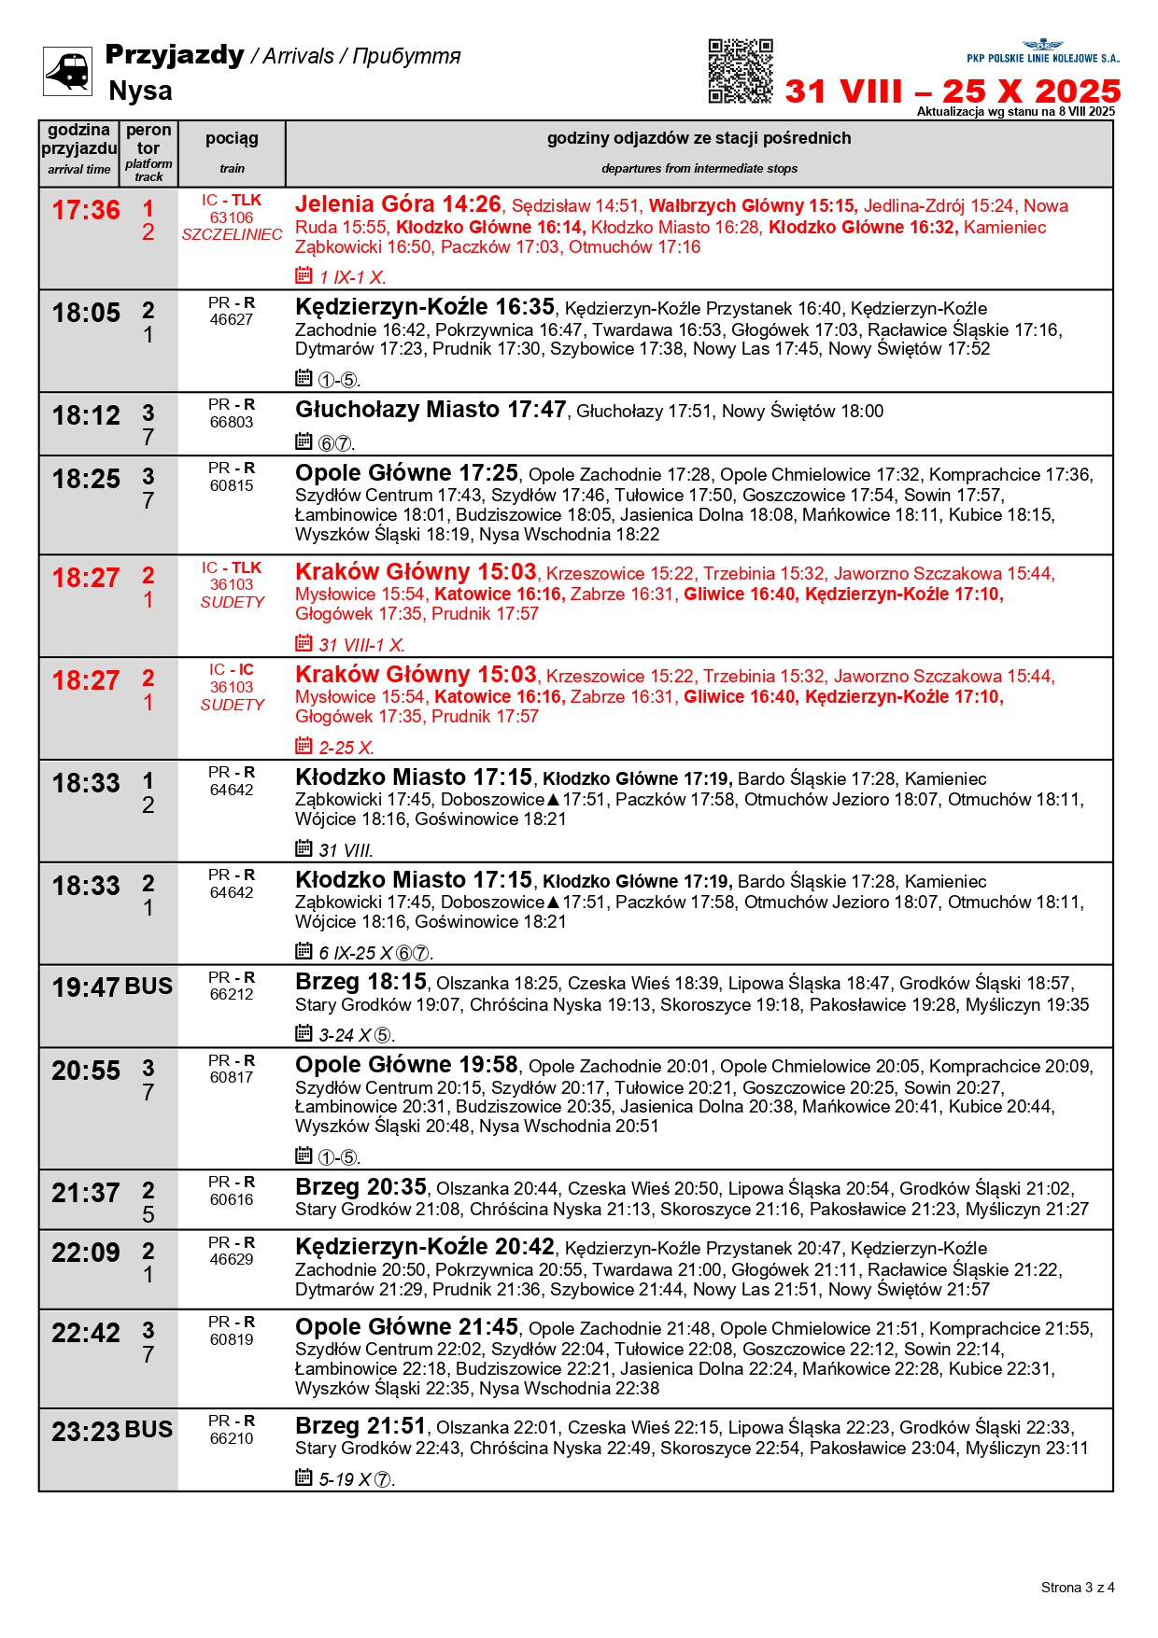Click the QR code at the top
point(741,71)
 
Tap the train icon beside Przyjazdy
point(67,71)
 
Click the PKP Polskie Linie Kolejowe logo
point(1042,51)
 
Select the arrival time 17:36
point(86,211)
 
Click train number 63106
point(232,217)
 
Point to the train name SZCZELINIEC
point(232,235)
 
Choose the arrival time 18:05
point(86,314)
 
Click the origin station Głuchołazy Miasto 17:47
point(431,410)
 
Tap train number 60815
point(232,485)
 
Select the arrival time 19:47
point(86,987)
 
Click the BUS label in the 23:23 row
point(148,1430)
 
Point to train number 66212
point(232,995)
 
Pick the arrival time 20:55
point(86,1071)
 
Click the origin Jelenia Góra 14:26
point(398,204)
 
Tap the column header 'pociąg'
point(232,139)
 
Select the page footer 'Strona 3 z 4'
point(1078,1588)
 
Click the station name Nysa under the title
point(140,91)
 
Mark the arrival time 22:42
point(86,1333)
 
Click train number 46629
point(232,1260)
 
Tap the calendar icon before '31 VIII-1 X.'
point(304,643)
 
